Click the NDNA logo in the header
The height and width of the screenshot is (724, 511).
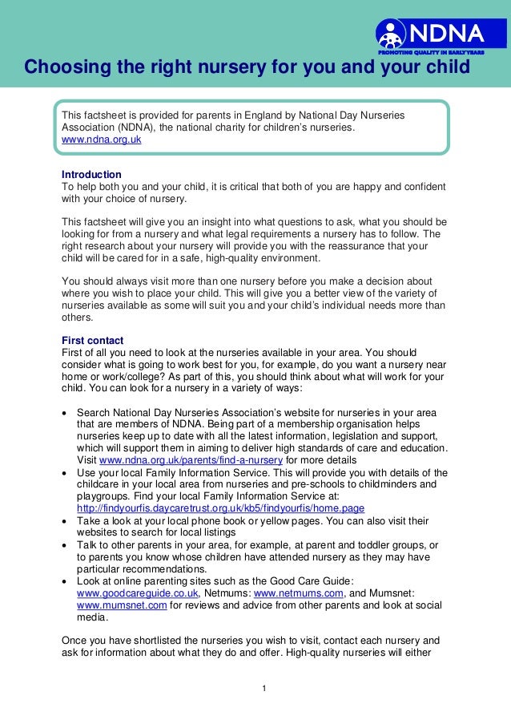coord(431,34)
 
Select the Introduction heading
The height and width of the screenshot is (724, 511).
coord(91,174)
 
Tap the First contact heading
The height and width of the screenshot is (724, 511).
coord(92,340)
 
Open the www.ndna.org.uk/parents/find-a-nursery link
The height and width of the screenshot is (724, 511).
coord(191,460)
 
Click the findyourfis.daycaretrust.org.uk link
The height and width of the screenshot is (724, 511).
coord(220,508)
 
